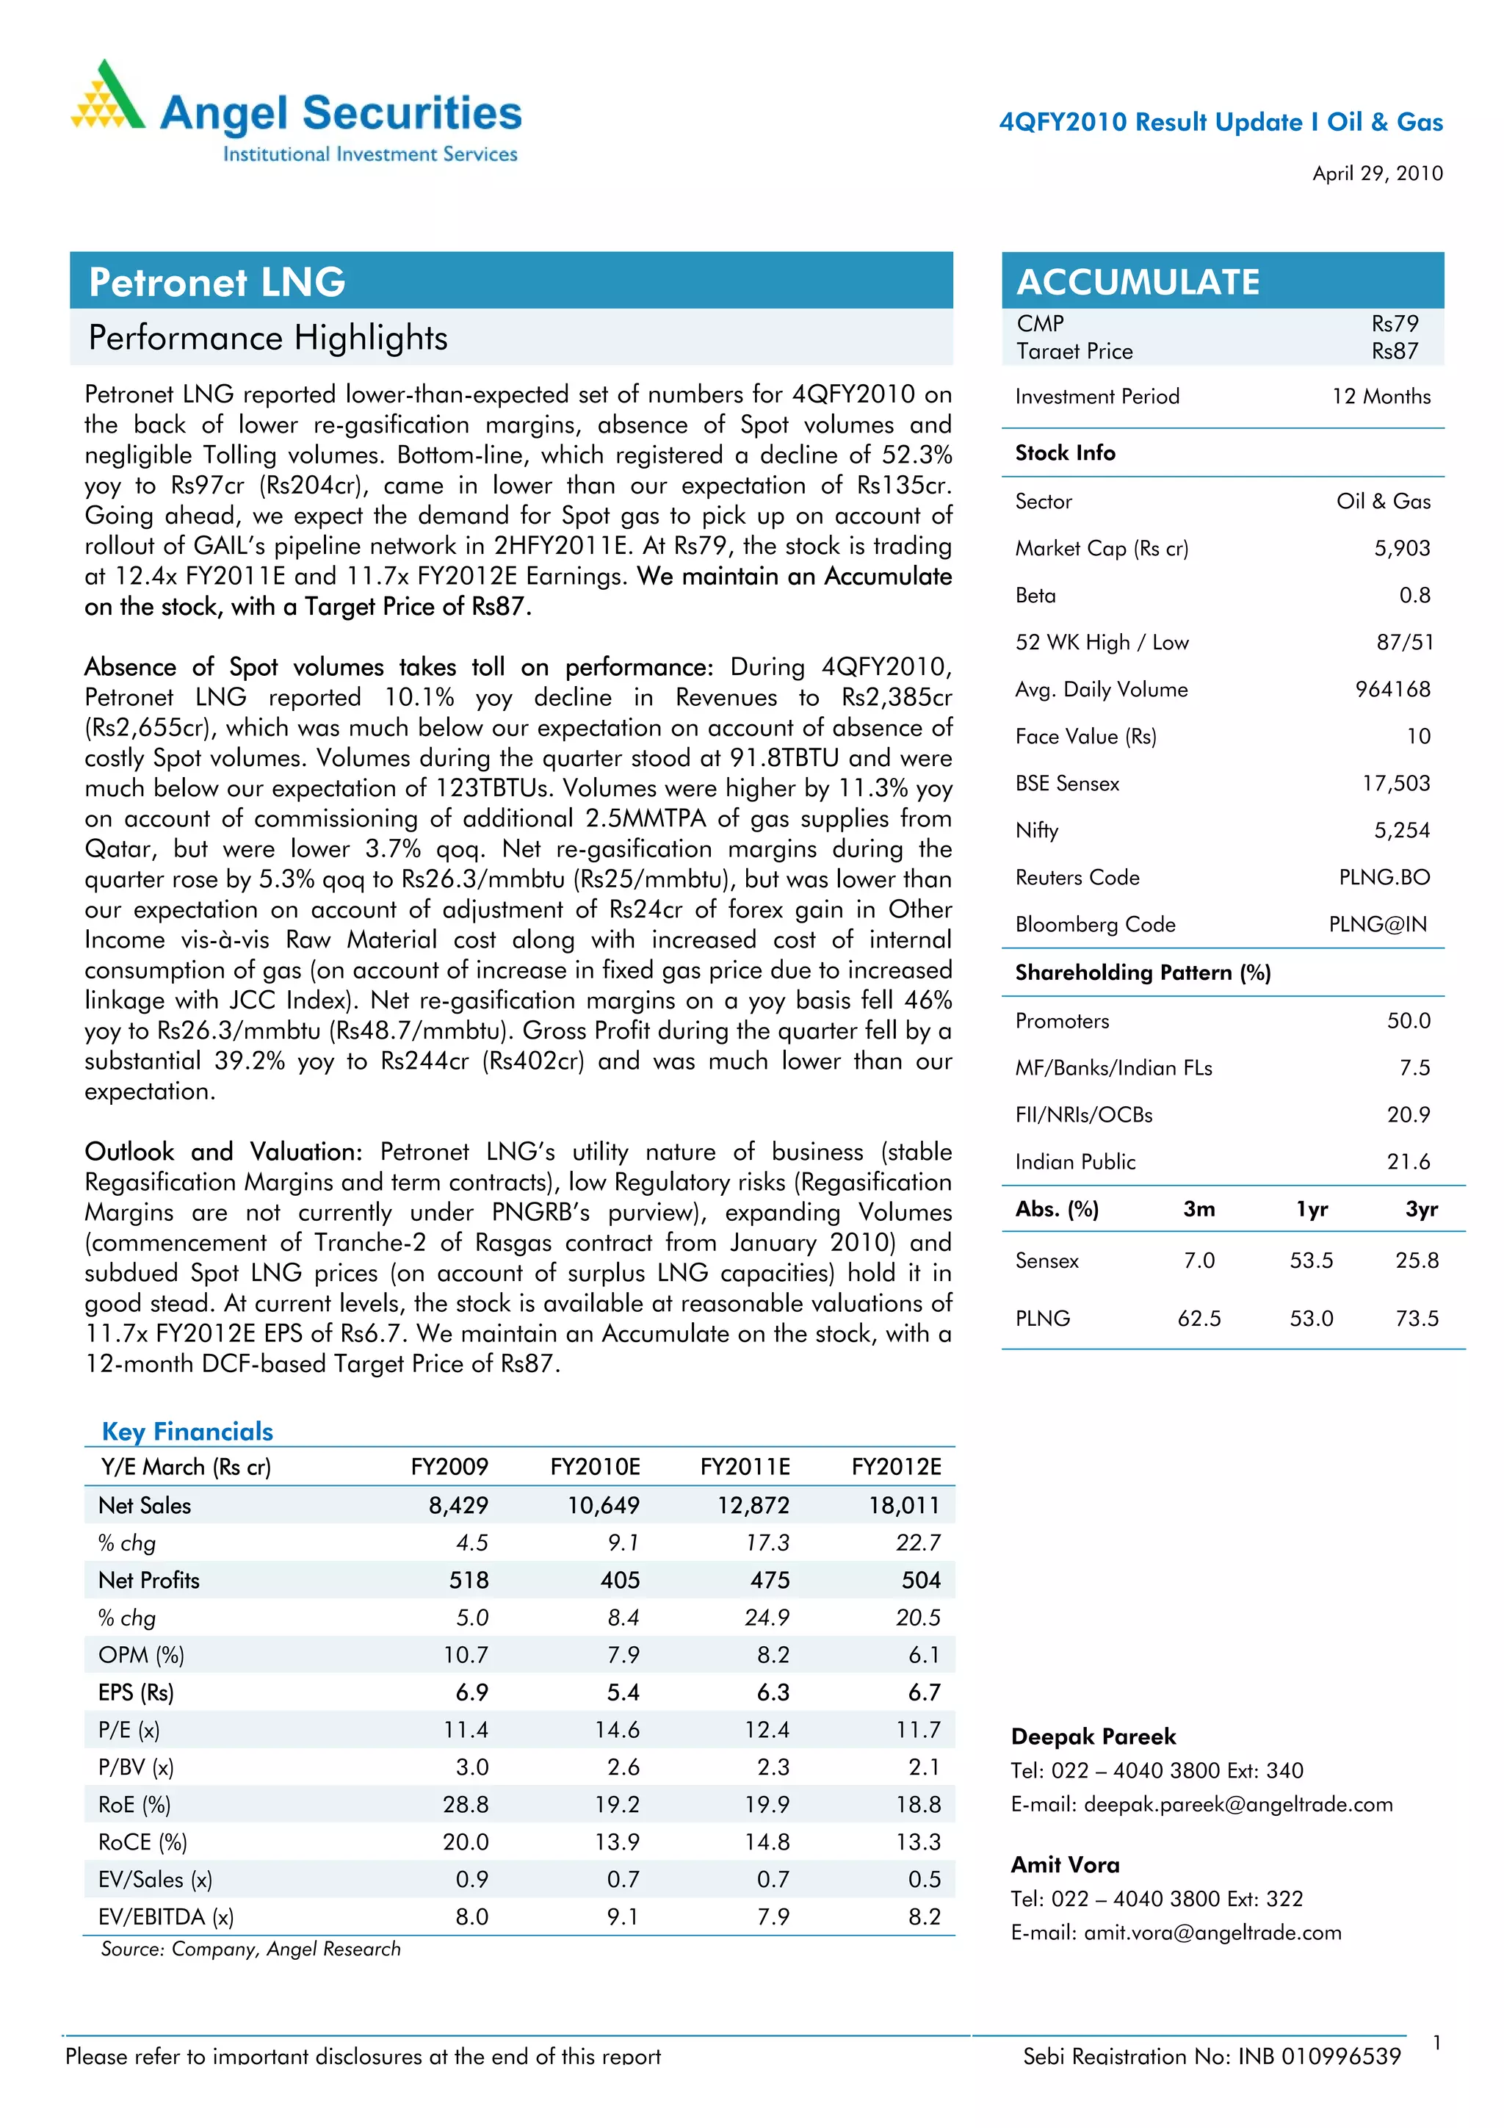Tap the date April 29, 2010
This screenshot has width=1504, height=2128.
click(1377, 173)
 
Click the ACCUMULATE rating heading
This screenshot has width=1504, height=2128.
click(1138, 282)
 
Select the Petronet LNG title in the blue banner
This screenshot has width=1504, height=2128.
click(217, 282)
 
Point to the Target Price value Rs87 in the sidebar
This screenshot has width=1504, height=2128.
click(1395, 351)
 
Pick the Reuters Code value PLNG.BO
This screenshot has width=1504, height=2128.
click(1384, 877)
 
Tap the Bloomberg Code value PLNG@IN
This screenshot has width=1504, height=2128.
click(1377, 924)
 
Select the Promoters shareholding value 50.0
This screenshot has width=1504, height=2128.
click(1408, 1020)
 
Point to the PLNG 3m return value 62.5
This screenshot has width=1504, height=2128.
click(1199, 1318)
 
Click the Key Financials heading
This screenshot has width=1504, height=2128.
click(187, 1431)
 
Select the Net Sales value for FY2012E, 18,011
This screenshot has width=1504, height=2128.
click(903, 1505)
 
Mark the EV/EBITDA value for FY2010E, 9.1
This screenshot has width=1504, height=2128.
click(622, 1916)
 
